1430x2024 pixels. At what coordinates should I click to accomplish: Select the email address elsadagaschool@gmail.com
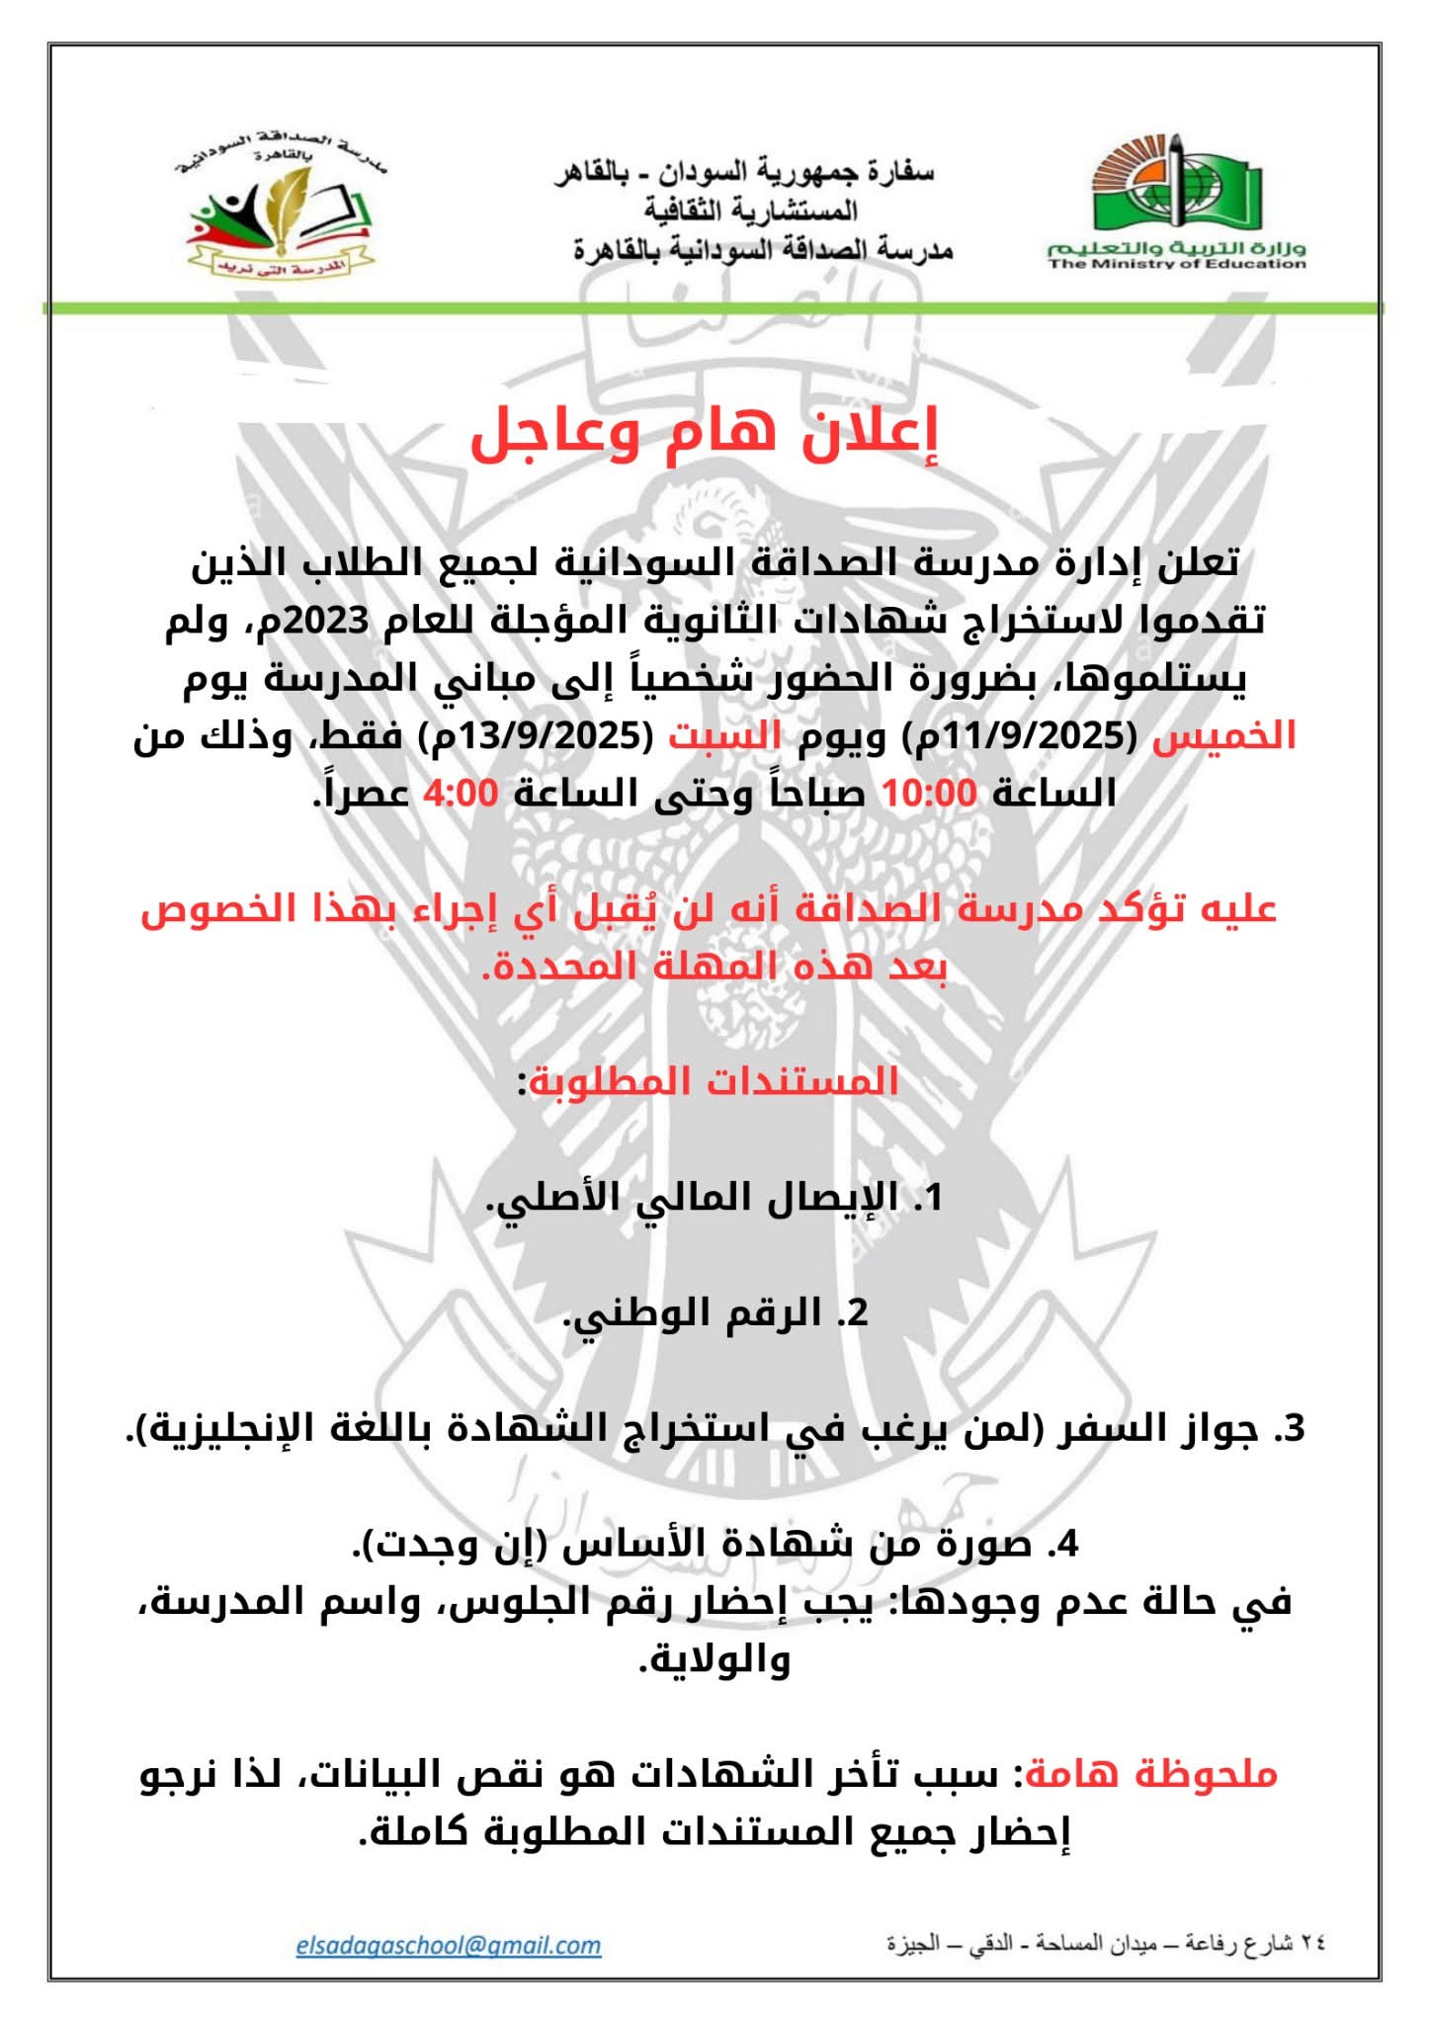point(449,1945)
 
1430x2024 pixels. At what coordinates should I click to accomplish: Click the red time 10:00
point(929,793)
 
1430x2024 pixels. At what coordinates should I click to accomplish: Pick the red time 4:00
point(462,793)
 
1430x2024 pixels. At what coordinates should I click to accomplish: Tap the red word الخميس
point(1224,736)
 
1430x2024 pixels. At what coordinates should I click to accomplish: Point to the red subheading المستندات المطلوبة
point(714,1080)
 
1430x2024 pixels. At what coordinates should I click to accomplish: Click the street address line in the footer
point(1106,1944)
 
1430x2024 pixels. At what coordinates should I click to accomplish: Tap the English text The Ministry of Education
point(1177,264)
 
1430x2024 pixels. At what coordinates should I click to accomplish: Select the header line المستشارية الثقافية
point(751,211)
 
